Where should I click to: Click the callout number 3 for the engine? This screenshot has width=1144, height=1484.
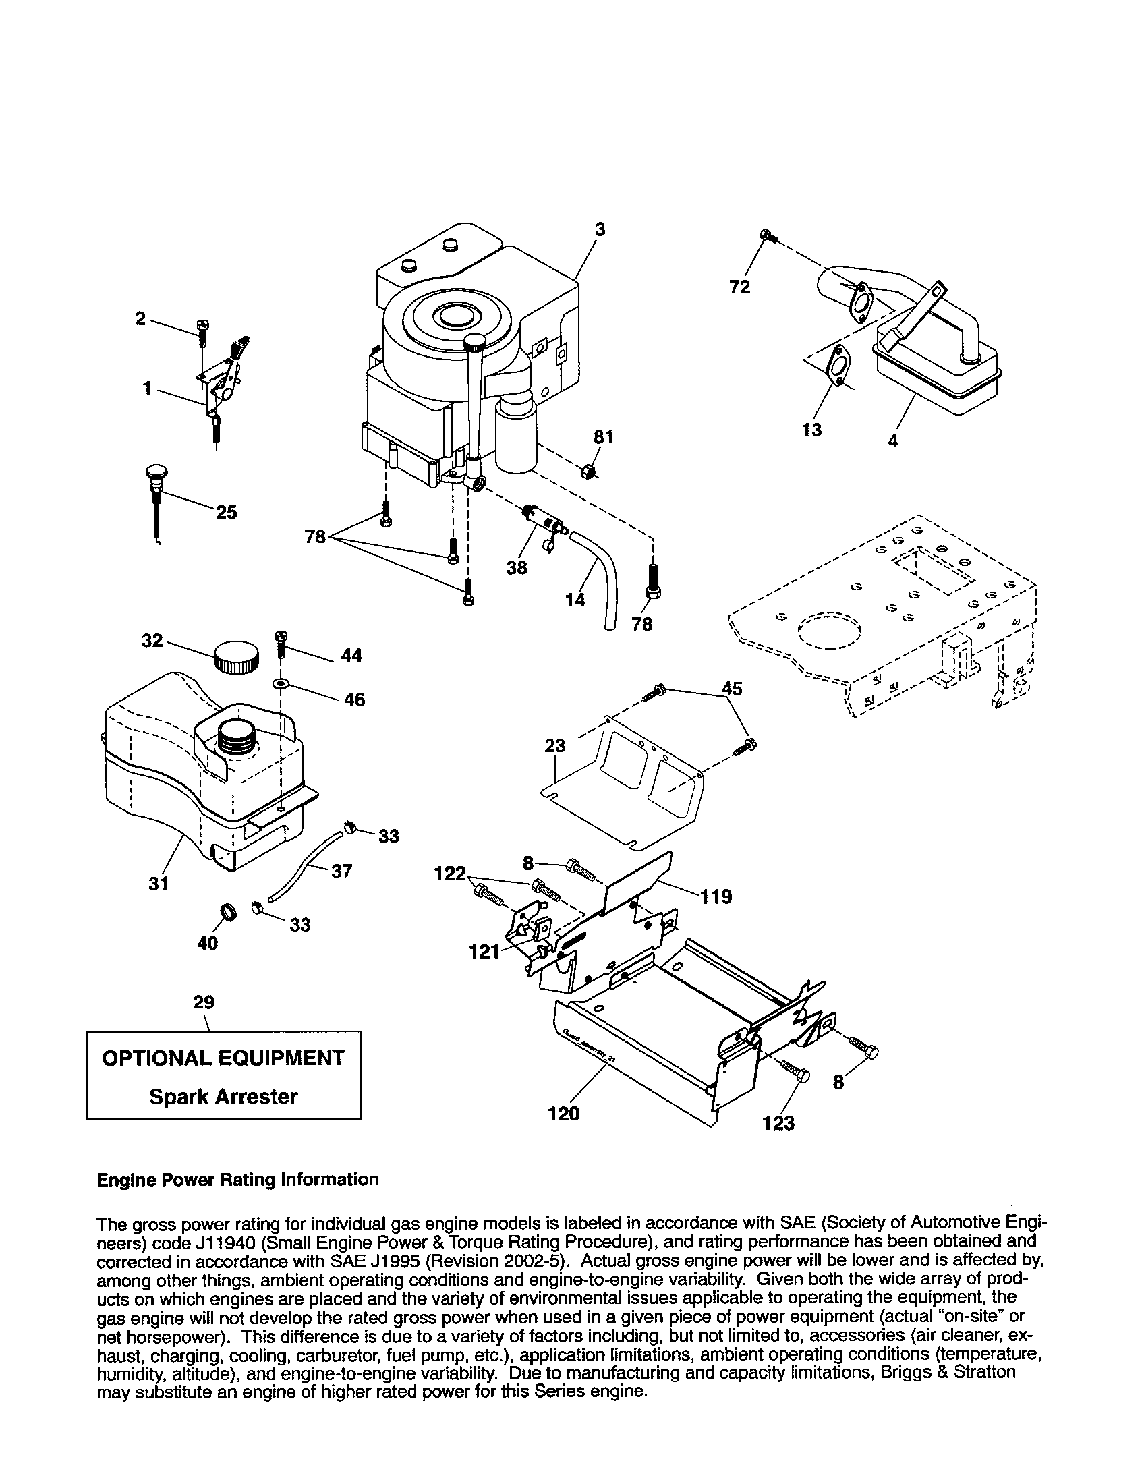tap(600, 229)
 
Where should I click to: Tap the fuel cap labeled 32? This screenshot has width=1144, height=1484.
tap(236, 657)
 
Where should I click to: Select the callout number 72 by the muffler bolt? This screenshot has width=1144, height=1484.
tap(740, 287)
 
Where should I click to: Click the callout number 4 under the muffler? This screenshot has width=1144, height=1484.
tap(893, 441)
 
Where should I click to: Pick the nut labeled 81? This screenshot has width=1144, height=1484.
tap(589, 469)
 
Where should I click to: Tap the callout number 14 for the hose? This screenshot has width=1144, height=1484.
tap(575, 600)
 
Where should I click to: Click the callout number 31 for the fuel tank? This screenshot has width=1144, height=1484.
tap(159, 884)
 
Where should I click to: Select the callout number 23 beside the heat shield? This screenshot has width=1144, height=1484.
tap(555, 746)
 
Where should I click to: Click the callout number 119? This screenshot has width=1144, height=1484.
tap(718, 897)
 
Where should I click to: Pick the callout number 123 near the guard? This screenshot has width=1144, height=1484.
tap(778, 1123)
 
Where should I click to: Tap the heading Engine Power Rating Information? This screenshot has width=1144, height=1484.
tap(237, 1179)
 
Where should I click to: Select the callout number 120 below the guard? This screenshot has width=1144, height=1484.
tap(564, 1114)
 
